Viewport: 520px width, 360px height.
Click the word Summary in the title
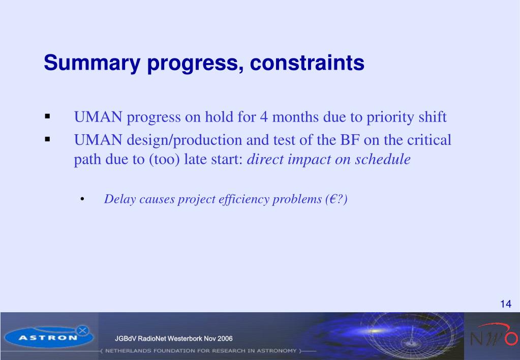point(92,63)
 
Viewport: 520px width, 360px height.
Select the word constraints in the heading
point(307,63)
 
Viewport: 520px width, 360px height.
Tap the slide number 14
point(506,304)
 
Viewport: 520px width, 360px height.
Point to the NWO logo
point(493,335)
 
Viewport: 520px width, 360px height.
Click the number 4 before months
point(264,117)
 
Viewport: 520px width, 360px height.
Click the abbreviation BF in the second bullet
point(350,140)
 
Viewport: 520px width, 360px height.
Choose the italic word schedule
point(383,159)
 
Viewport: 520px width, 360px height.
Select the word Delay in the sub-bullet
point(120,199)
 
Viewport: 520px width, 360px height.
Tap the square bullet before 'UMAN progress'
point(47,116)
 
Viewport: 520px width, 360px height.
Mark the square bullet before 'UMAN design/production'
point(47,139)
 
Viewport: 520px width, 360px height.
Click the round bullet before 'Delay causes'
point(82,199)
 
